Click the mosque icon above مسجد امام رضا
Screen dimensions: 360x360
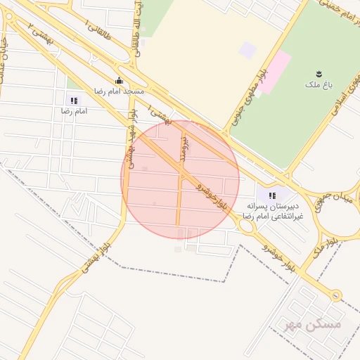click(x=118, y=80)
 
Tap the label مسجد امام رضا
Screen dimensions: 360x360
click(x=119, y=91)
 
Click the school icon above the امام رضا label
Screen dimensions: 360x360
click(x=74, y=101)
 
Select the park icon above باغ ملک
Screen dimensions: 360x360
click(x=321, y=73)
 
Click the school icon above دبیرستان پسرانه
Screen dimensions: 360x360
click(x=272, y=194)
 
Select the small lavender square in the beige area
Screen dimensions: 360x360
click(x=247, y=50)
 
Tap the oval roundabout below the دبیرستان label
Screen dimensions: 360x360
click(x=247, y=227)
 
